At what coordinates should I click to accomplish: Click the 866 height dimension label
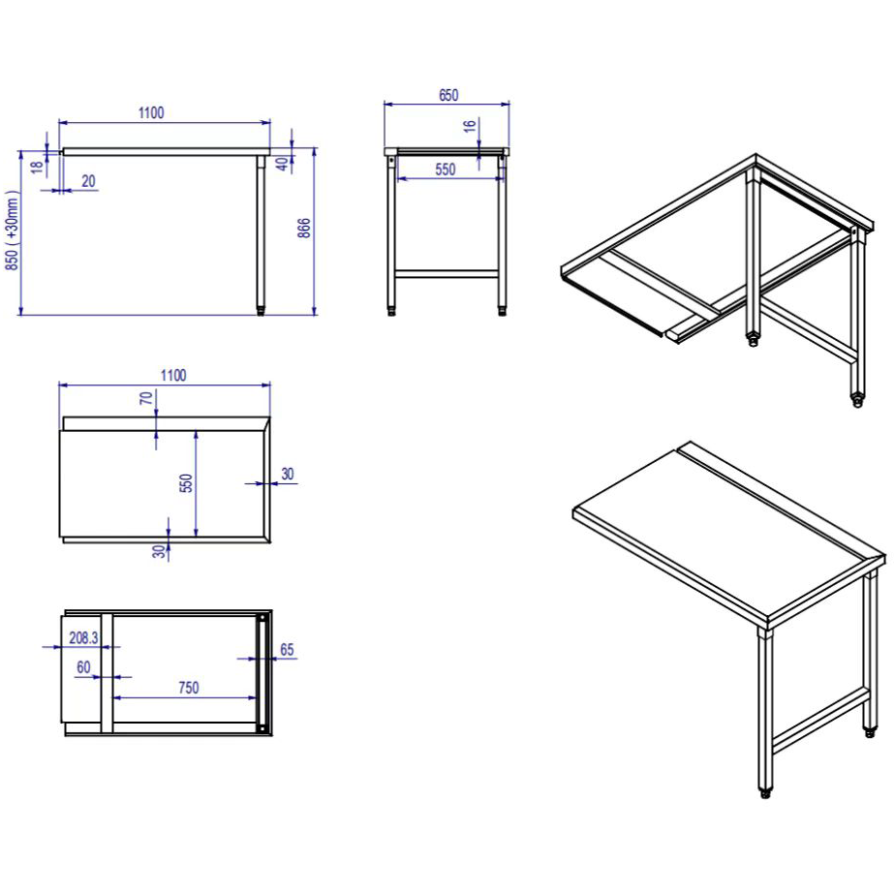304,228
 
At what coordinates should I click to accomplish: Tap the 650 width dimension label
448,95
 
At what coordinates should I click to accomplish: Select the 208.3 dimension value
83,637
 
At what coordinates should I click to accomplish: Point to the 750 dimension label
189,688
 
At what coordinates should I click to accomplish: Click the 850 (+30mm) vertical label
12,231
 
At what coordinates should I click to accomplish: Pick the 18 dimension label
37,167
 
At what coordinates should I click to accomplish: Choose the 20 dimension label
88,181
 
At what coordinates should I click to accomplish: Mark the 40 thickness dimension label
282,164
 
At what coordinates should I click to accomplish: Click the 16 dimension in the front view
469,126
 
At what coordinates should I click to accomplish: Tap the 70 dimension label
146,398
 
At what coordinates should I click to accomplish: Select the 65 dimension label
287,650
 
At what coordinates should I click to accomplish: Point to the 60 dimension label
83,667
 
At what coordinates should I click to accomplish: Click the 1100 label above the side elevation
151,113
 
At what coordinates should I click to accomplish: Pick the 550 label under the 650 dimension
446,170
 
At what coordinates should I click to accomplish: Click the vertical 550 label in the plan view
186,483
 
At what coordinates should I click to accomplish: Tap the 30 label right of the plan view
288,474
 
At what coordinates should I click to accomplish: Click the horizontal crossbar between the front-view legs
447,274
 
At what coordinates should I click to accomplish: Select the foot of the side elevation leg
261,310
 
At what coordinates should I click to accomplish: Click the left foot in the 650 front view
391,311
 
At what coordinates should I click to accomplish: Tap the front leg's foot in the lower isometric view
765,791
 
